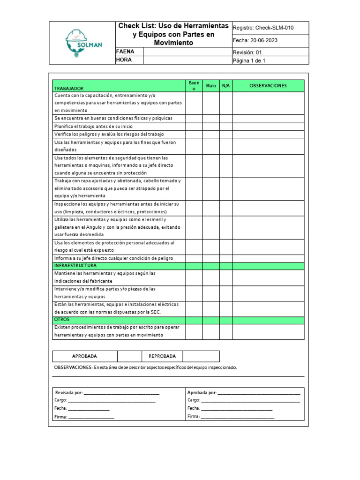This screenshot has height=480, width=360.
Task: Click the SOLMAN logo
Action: [82, 43]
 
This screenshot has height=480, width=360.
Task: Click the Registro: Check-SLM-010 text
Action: [263, 28]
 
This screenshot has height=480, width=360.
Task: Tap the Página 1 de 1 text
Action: [252, 60]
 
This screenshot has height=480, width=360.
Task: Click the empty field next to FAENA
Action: [187, 52]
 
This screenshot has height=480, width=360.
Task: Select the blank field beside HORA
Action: [187, 60]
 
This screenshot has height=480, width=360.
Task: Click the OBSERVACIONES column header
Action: [268, 86]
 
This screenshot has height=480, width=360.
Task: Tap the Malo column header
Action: [211, 86]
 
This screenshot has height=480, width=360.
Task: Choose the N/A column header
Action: [226, 86]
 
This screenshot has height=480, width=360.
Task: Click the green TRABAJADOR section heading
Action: [69, 88]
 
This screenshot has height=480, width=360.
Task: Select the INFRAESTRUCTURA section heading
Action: [75, 265]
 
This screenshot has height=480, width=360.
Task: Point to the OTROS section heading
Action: [62, 319]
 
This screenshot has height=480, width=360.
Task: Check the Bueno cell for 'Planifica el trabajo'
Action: [194, 126]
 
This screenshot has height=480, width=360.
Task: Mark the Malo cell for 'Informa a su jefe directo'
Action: [211, 258]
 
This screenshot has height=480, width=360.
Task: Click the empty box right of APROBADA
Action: [129, 356]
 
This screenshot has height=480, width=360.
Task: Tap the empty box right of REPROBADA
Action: [201, 356]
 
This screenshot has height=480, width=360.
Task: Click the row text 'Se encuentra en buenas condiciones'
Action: [113, 118]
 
